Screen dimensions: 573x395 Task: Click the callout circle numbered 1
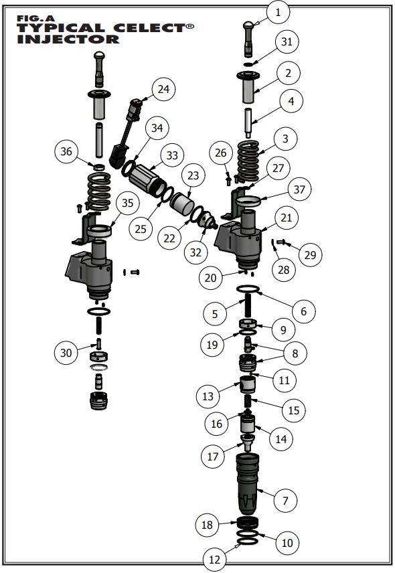pos(279,12)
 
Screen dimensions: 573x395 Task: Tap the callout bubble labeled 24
pos(163,88)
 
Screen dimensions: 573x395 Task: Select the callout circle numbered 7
pos(285,500)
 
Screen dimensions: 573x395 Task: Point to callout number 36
pos(66,152)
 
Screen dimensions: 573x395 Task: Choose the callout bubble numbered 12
pos(215,559)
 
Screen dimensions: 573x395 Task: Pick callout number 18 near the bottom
pos(208,525)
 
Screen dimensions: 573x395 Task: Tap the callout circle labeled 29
pos(310,255)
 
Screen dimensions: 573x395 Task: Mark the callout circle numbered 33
pos(173,155)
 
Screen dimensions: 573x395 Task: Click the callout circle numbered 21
pos(286,218)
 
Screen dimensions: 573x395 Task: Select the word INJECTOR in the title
pos(68,39)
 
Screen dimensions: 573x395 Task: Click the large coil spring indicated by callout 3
pos(250,159)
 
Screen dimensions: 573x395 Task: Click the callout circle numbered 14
pos(280,440)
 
